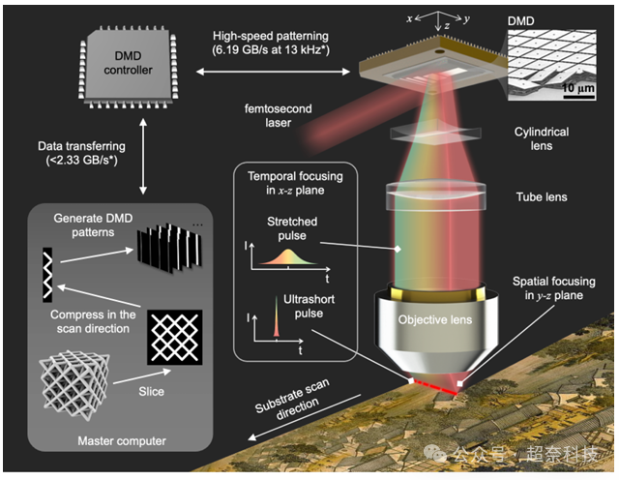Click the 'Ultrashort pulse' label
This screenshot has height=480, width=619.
point(287,307)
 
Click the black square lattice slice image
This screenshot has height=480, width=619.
point(174,337)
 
